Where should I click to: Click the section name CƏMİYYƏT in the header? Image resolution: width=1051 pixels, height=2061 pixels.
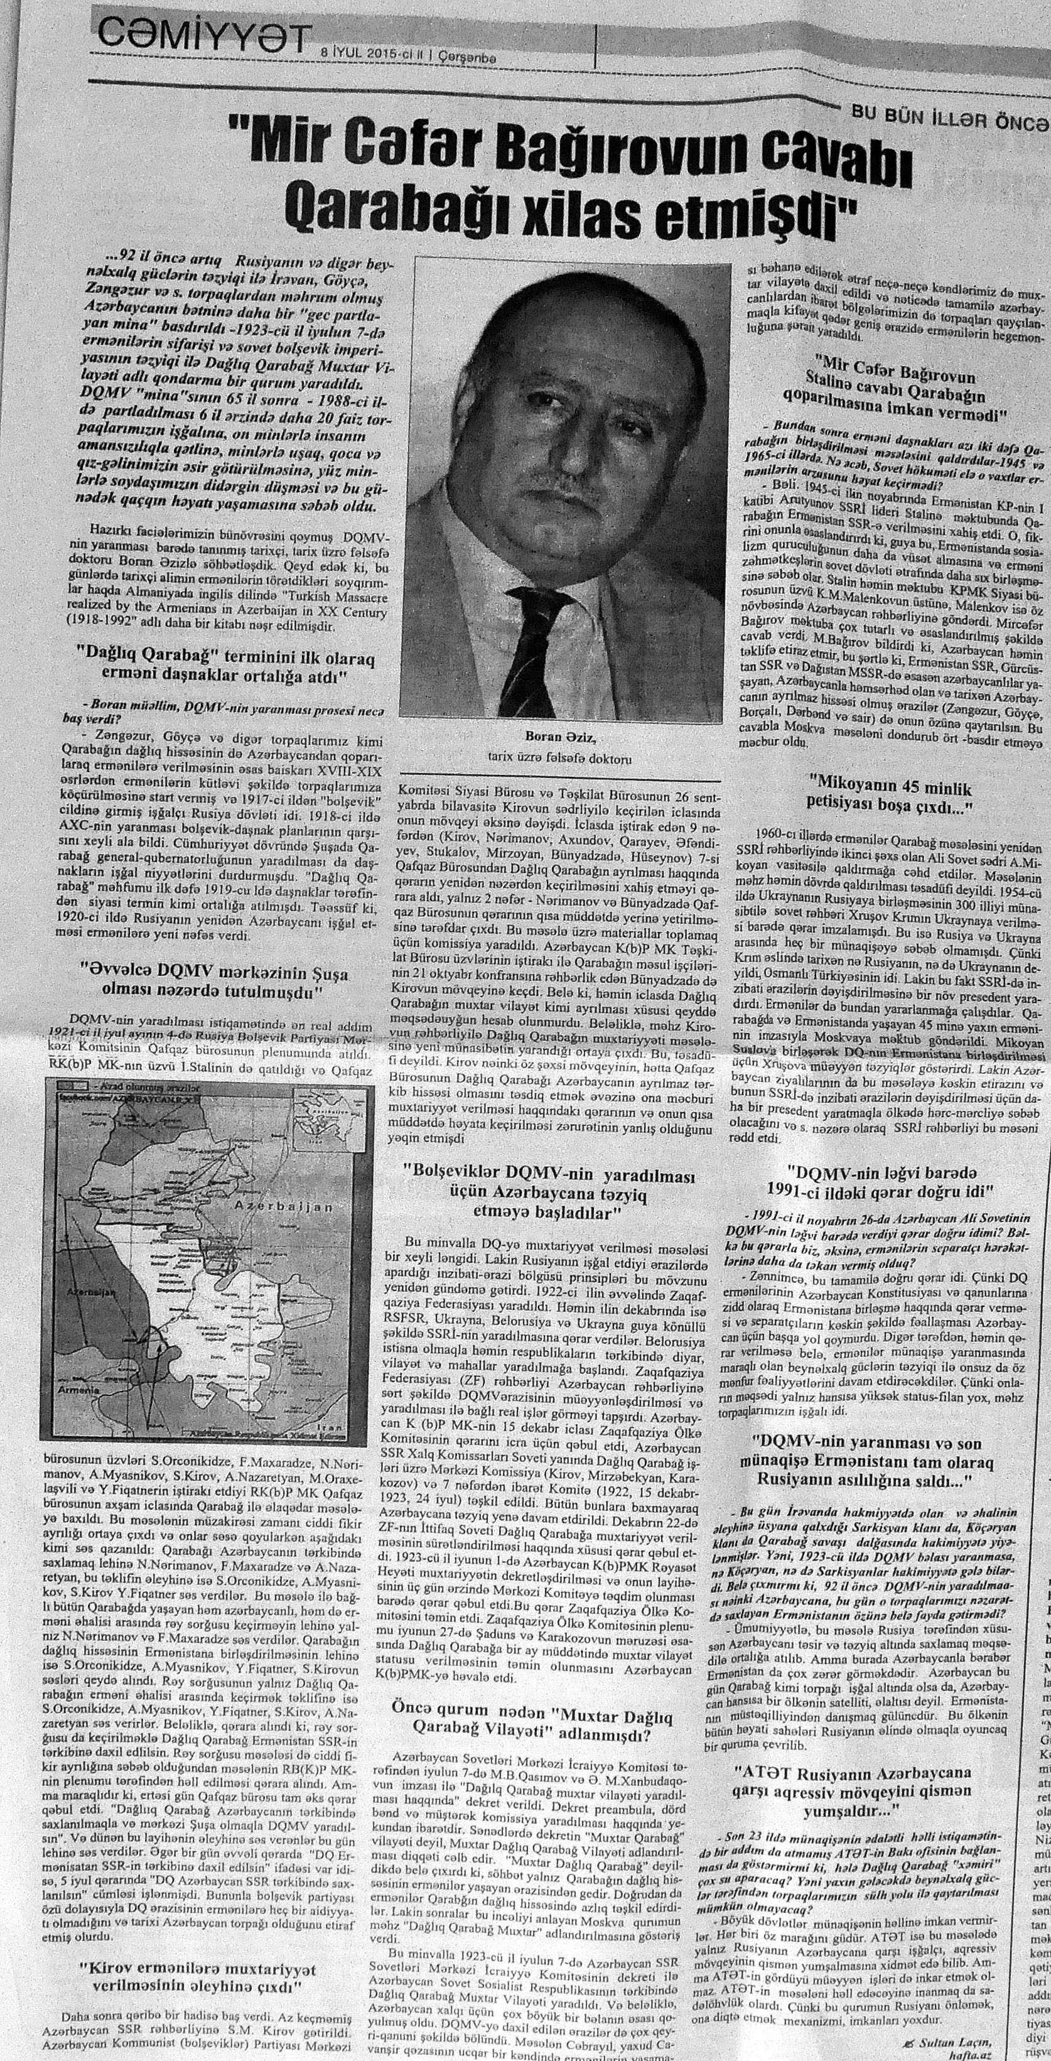tap(203, 35)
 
